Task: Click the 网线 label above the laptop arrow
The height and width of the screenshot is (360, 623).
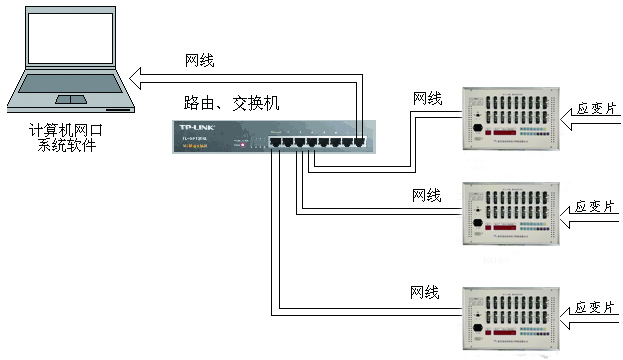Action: (200, 60)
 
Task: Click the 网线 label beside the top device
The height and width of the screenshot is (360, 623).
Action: (427, 98)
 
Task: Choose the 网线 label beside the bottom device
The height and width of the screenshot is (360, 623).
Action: (425, 292)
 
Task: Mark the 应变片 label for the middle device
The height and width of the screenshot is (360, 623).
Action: (594, 207)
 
